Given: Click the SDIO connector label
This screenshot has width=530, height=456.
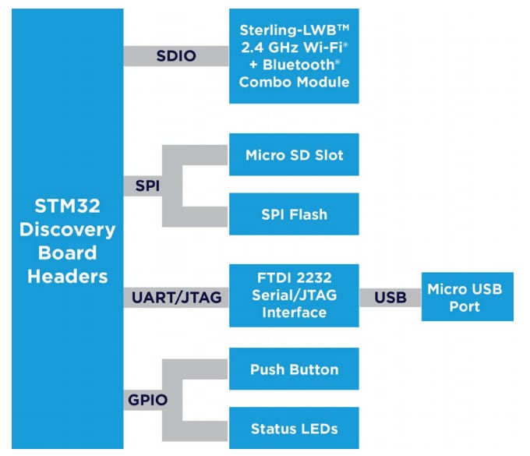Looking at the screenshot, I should point(175,57).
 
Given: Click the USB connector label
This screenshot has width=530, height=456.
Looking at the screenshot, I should point(390,297).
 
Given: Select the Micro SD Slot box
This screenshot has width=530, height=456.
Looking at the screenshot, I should point(294,154).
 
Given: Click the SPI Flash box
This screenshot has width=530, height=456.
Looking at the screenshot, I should point(294,214).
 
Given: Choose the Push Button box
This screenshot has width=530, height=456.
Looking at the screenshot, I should point(294,369).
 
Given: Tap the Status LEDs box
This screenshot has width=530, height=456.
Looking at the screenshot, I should point(294,428).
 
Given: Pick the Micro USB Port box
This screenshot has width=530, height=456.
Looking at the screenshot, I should point(467,297).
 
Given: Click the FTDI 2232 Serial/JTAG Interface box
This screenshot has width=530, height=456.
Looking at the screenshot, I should point(294,295).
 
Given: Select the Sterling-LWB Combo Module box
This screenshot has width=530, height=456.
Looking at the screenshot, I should point(294,56).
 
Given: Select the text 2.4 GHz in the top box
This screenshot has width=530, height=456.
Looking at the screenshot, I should point(265,48).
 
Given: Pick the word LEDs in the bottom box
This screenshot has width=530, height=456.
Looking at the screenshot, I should point(320,428).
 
